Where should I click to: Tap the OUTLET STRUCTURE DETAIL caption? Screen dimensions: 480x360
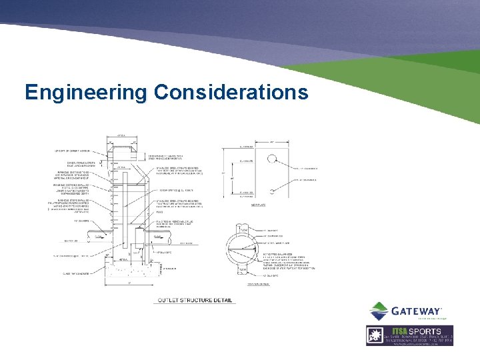click(195, 300)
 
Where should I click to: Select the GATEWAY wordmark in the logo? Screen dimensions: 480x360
click(416, 311)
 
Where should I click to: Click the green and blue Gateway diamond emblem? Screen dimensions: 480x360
click(379, 311)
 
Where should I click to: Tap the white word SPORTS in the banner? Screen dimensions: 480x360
click(427, 331)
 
